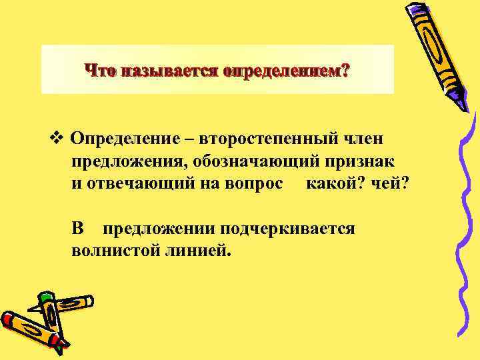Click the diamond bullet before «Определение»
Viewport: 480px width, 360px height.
55,139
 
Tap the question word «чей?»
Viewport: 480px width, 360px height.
389,183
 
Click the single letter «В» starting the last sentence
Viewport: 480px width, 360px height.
79,229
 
